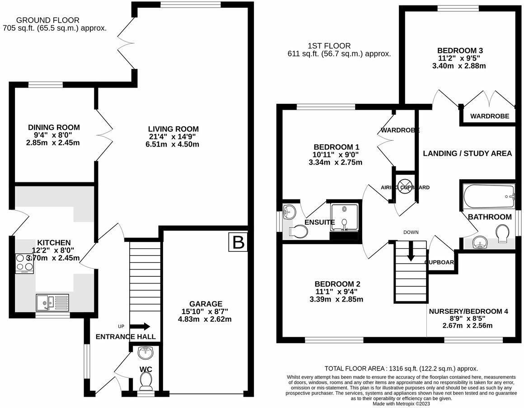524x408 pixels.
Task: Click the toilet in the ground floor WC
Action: pyautogui.click(x=145, y=383)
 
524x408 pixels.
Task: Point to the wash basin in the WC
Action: pyautogui.click(x=145, y=352)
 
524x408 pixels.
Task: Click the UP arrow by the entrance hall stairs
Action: pyautogui.click(x=140, y=326)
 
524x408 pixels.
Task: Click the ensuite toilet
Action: pyautogui.click(x=299, y=232)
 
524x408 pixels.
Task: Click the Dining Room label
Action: pyautogui.click(x=54, y=128)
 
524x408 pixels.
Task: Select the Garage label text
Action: pyautogui.click(x=206, y=304)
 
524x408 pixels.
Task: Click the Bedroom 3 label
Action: pyautogui.click(x=457, y=51)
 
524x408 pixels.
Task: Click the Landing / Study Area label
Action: pyautogui.click(x=467, y=153)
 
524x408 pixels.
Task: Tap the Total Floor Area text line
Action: pyautogui.click(x=401, y=368)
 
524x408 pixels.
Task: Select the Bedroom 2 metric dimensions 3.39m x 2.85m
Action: pyautogui.click(x=337, y=299)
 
